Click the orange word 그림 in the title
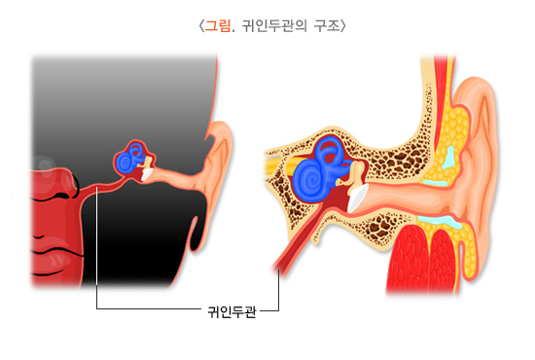pos(217,26)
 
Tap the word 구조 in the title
pos(327,26)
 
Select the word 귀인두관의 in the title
pos(274,26)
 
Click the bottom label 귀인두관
pos(232,311)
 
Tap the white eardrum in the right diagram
pos(357,198)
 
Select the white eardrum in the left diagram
pos(147,174)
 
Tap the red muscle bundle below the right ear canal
pos(421,260)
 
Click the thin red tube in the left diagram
pos(102,187)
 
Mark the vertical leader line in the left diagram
pos(97,248)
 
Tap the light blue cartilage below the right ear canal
pos(440,221)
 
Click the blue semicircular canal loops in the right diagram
pos(329,150)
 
